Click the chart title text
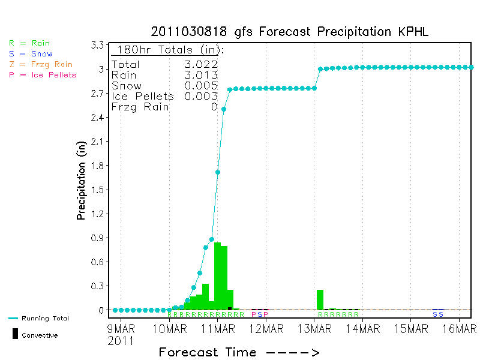pos(290,31)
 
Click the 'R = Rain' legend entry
pos(29,43)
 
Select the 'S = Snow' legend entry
pos(31,54)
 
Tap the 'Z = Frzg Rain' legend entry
pos(41,64)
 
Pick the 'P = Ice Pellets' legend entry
pos(43,75)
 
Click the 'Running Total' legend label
pos(45,319)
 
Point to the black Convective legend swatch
pos(15,334)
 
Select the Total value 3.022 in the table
pos(201,64)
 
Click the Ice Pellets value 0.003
pos(201,96)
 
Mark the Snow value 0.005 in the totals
pos(201,86)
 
